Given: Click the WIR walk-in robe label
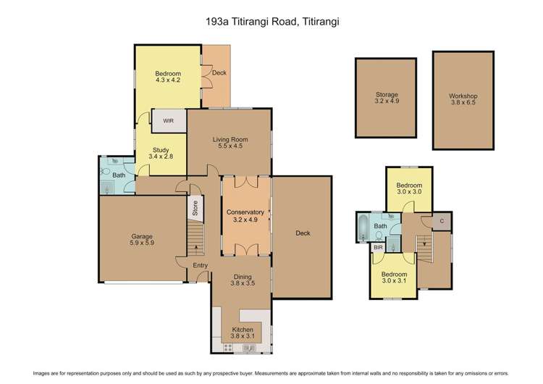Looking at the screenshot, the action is click(x=168, y=121).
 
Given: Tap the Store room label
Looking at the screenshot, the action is click(x=195, y=208).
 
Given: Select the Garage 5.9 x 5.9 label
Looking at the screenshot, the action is click(x=142, y=240).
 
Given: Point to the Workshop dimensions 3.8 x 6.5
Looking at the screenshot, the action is click(x=463, y=103).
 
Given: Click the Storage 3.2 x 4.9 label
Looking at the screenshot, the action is click(x=387, y=98).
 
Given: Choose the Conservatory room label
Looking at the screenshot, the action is click(x=245, y=212).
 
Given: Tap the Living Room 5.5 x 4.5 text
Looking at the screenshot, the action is click(x=230, y=143).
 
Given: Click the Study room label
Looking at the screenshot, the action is click(x=161, y=150).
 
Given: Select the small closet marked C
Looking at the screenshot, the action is click(x=442, y=221).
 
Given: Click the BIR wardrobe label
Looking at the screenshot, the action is click(x=378, y=248).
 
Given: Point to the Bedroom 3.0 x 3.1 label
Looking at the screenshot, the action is click(x=394, y=277).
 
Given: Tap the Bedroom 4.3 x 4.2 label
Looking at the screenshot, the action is click(x=168, y=77).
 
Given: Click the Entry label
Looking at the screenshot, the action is click(x=200, y=265).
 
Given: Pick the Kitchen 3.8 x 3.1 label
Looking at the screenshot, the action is click(x=243, y=333).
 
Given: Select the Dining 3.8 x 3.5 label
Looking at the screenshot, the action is click(x=243, y=280).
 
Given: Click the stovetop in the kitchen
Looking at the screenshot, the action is click(x=228, y=348).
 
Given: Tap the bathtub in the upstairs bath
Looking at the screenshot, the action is click(x=363, y=228).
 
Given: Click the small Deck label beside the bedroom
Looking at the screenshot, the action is click(x=219, y=72).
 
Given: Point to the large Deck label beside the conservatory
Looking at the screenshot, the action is click(x=303, y=233).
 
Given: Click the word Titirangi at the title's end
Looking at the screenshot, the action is click(x=321, y=22).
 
